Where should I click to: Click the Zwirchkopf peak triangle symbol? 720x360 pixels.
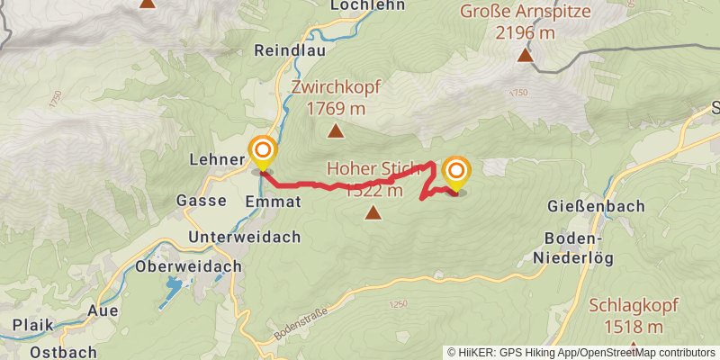(336, 132)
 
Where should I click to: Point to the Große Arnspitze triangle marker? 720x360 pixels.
(525, 56)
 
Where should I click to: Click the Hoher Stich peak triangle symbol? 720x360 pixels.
(373, 213)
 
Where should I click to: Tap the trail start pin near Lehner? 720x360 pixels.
(263, 151)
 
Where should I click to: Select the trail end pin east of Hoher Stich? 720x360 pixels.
(456, 172)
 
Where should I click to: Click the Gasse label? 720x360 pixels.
(201, 200)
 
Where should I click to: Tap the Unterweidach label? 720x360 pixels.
(244, 236)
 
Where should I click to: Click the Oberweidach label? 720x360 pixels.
(188, 266)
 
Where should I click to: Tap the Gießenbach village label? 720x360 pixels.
(596, 206)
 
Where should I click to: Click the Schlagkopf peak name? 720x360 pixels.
(626, 305)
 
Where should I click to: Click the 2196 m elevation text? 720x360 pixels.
(525, 32)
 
